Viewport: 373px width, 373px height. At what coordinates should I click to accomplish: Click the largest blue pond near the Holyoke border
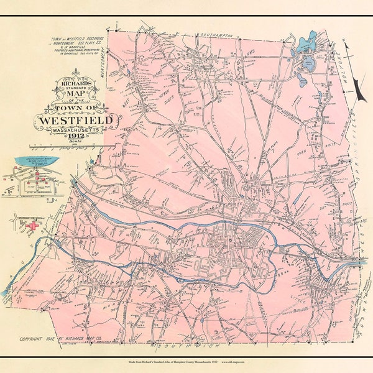[x=306, y=45]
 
